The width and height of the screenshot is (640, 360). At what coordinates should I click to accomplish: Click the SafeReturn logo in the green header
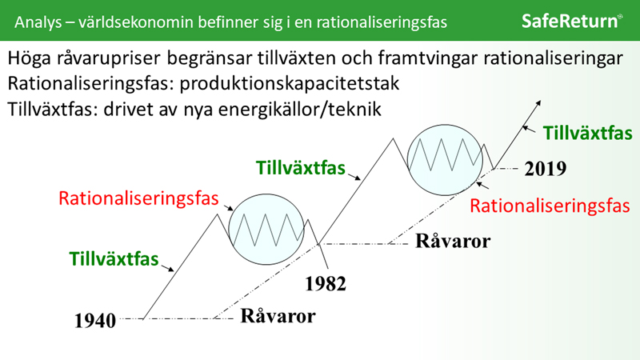click(x=572, y=21)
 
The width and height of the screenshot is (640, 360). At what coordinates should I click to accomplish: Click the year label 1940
click(x=95, y=321)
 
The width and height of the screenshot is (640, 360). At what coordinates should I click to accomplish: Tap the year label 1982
click(x=326, y=284)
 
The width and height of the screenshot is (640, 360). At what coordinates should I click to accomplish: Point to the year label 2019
click(x=546, y=169)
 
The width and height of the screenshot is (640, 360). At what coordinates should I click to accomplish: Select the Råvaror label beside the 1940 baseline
click(x=278, y=316)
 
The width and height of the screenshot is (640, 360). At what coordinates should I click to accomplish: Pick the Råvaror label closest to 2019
click(x=453, y=241)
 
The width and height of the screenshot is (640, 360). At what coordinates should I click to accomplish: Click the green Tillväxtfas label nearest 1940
click(x=114, y=258)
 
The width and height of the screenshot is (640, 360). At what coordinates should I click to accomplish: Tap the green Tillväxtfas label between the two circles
click(x=301, y=168)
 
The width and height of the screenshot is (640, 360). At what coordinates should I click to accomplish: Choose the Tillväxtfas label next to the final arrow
click(x=588, y=133)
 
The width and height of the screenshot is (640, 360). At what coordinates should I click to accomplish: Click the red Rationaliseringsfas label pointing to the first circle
click(x=138, y=198)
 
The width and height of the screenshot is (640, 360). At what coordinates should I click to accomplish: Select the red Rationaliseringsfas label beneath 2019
click(x=550, y=206)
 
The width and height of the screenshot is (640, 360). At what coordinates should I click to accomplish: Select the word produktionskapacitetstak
click(x=290, y=84)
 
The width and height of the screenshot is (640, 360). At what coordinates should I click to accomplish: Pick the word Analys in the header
click(x=38, y=22)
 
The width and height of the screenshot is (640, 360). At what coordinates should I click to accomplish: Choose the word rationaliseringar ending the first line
click(x=553, y=58)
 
